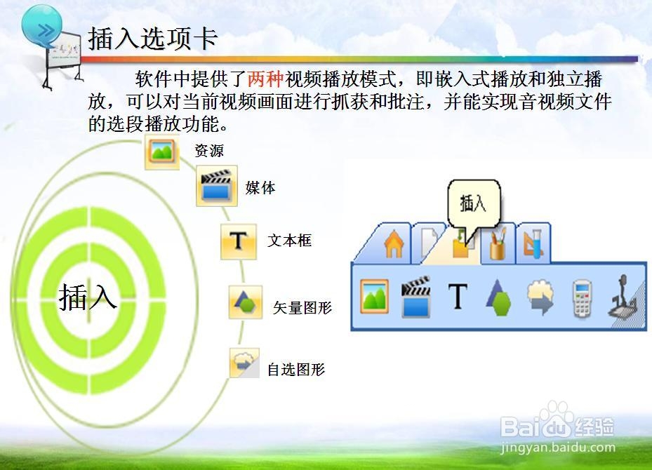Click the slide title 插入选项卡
[x=152, y=39]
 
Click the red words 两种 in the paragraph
[x=265, y=79]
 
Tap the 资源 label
[x=208, y=150]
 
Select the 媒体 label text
[x=260, y=188]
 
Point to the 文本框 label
[x=289, y=240]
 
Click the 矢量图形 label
[x=302, y=307]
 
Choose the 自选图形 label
[x=295, y=370]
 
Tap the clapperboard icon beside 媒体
[x=217, y=186]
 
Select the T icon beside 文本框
[x=239, y=242]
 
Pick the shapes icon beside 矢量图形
[x=246, y=302]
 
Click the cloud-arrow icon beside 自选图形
[x=244, y=363]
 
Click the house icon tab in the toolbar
[x=394, y=245]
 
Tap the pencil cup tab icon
[x=498, y=244]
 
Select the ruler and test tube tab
[x=533, y=244]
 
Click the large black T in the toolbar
[x=458, y=296]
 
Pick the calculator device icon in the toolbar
[x=582, y=298]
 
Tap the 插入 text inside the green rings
[x=87, y=297]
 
